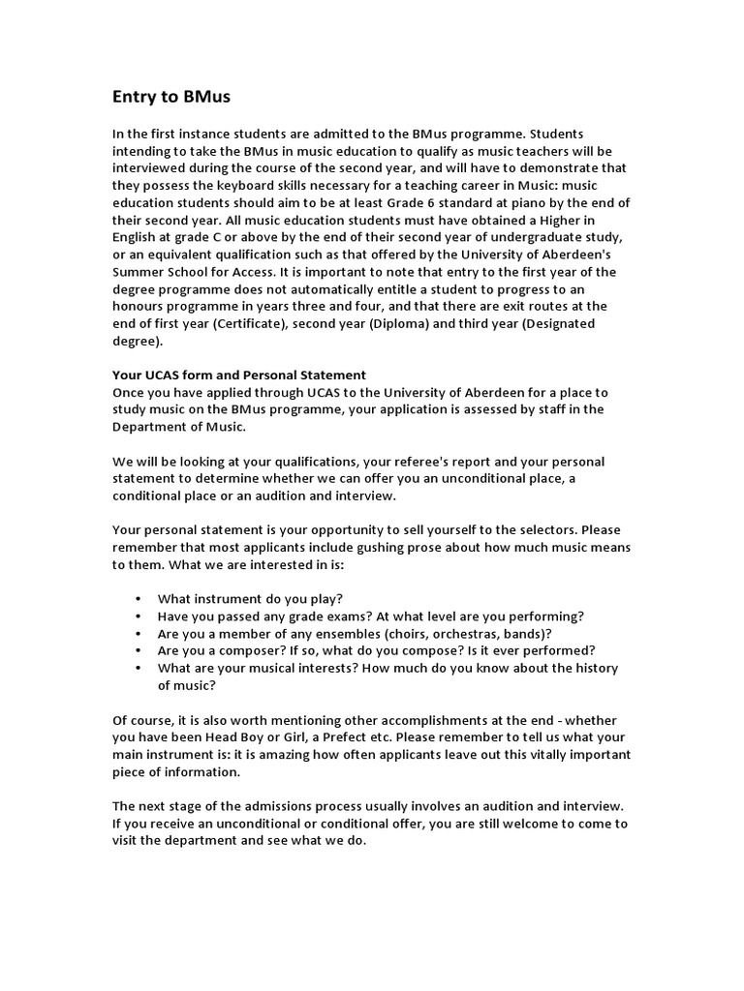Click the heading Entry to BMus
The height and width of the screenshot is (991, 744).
171,97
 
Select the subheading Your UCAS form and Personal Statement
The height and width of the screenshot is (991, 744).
239,375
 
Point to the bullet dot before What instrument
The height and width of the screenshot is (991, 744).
140,599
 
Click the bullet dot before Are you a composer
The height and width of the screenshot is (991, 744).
140,651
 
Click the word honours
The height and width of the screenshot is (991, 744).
140,307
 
